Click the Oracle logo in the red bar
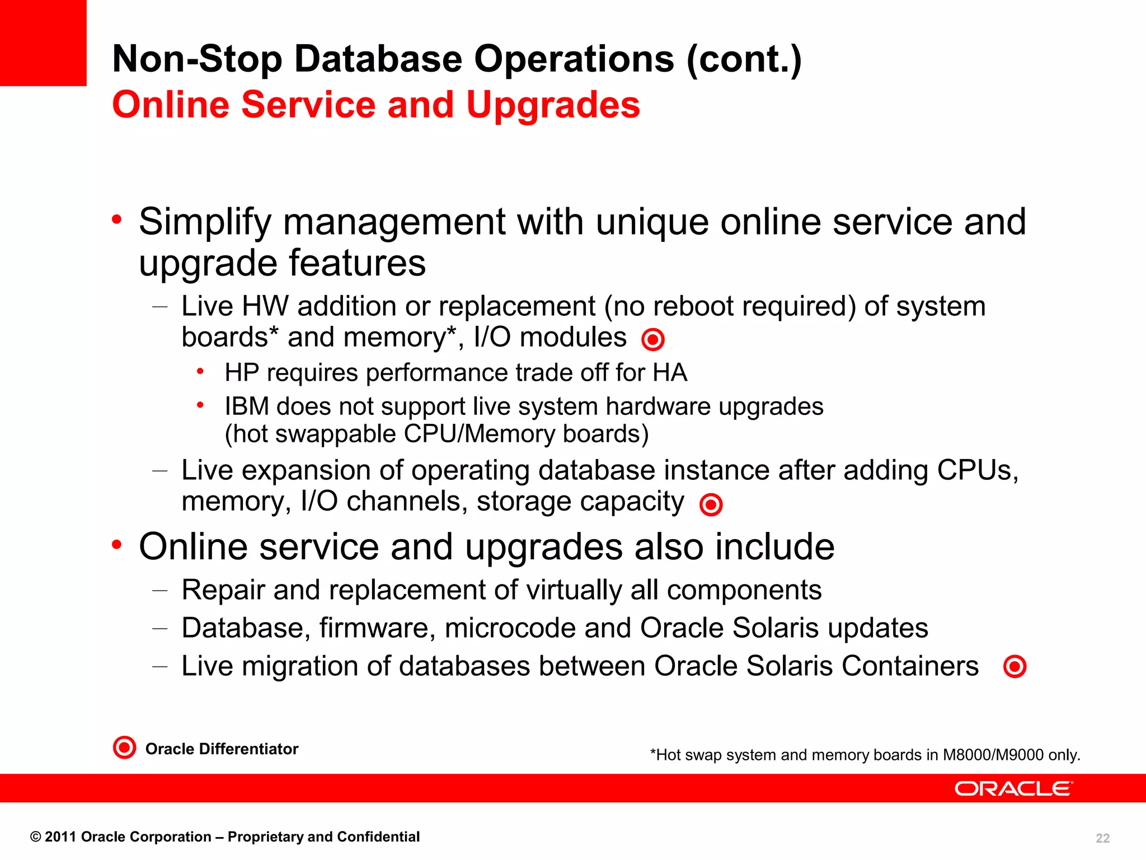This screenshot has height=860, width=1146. click(1013, 788)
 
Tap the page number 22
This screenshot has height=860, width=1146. click(1102, 838)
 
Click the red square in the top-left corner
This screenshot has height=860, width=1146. click(43, 43)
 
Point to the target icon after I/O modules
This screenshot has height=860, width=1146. click(652, 339)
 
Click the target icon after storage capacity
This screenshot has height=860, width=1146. click(711, 504)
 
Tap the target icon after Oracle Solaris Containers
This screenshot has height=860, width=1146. click(1015, 667)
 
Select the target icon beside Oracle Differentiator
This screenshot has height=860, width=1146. click(124, 747)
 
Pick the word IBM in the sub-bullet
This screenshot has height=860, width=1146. click(246, 406)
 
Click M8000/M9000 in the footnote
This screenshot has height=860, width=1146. click(993, 755)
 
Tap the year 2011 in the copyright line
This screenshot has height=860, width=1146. click(60, 837)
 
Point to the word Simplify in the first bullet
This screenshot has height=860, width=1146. click(205, 223)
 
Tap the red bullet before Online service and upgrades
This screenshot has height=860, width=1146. click(116, 544)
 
